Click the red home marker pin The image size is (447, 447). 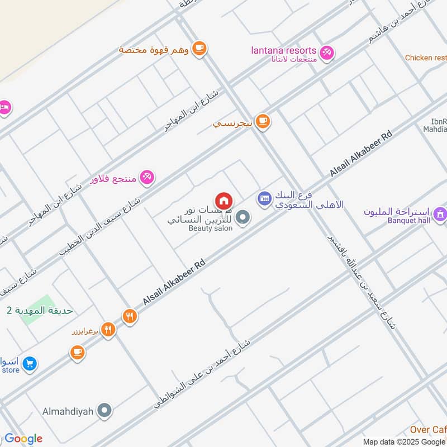223,200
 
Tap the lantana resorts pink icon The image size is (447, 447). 327,52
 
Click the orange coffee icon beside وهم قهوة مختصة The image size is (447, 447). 198,49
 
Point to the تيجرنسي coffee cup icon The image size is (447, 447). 263,121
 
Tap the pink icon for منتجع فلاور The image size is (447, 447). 147,177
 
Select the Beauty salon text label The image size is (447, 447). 210,229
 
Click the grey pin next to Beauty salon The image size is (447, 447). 242,218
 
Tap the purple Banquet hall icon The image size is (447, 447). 440,213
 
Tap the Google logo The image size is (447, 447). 23,439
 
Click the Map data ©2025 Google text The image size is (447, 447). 404,442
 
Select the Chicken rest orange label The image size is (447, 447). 426,58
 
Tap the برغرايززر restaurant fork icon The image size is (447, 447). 108,330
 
